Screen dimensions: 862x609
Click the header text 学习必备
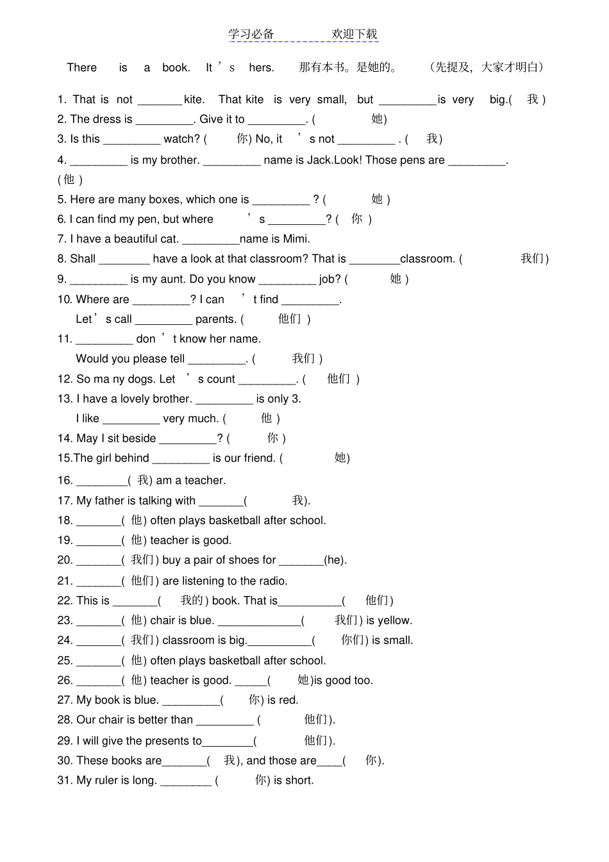tap(251, 34)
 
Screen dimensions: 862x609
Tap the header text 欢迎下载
tap(355, 34)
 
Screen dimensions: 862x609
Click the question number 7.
tap(61, 239)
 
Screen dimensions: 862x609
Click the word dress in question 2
tap(108, 119)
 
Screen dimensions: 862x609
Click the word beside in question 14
tap(138, 438)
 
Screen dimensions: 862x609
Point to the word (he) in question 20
tap(335, 560)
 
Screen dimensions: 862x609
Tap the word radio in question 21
tap(273, 581)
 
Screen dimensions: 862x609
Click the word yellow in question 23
tap(395, 620)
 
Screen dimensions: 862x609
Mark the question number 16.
tap(65, 481)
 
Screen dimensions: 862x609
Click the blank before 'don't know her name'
tap(104, 340)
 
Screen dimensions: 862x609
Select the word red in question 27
tap(288, 700)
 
